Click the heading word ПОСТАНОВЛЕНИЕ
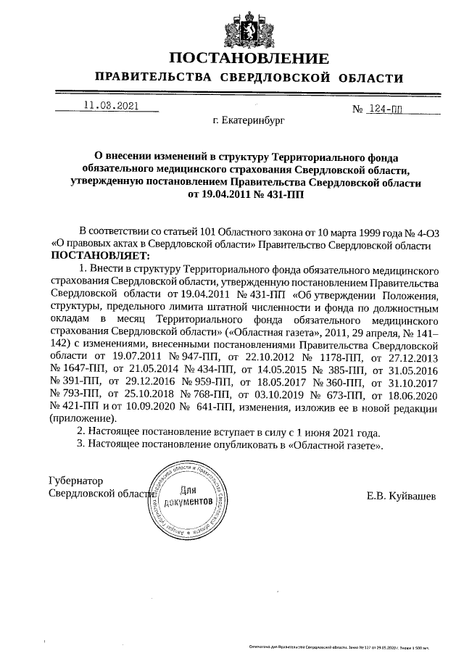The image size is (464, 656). click(x=249, y=59)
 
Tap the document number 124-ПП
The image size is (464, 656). click(x=388, y=109)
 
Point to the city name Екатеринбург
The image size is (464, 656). click(x=249, y=121)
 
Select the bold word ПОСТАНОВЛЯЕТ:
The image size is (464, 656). click(x=99, y=256)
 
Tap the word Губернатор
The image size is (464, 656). click(x=75, y=481)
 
